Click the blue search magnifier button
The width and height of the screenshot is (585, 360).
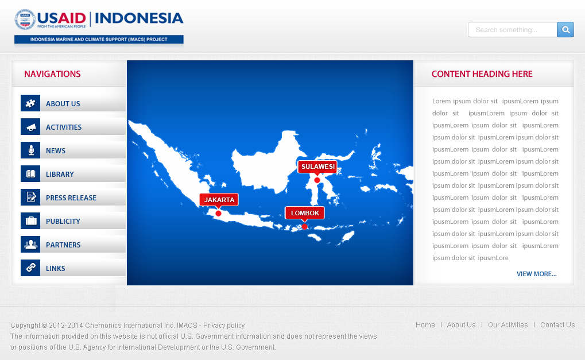565,30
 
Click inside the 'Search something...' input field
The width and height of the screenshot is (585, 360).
512,30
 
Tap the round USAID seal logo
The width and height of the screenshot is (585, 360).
25,20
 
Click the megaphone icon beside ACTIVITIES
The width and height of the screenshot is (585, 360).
30,127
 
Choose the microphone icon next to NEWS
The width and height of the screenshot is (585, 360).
30,150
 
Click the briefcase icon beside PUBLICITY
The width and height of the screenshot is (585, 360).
30,221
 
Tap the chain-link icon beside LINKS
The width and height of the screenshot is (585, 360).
30,268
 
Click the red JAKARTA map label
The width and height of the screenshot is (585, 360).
219,200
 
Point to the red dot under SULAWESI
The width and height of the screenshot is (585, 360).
317,180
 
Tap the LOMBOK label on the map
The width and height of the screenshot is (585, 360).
305,213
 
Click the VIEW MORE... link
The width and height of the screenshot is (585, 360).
537,274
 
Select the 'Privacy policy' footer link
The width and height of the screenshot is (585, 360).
224,326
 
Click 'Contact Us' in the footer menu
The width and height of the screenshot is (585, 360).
557,325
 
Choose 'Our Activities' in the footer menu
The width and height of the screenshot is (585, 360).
507,325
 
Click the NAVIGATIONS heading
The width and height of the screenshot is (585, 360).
52,74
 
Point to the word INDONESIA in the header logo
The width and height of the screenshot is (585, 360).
139,18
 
